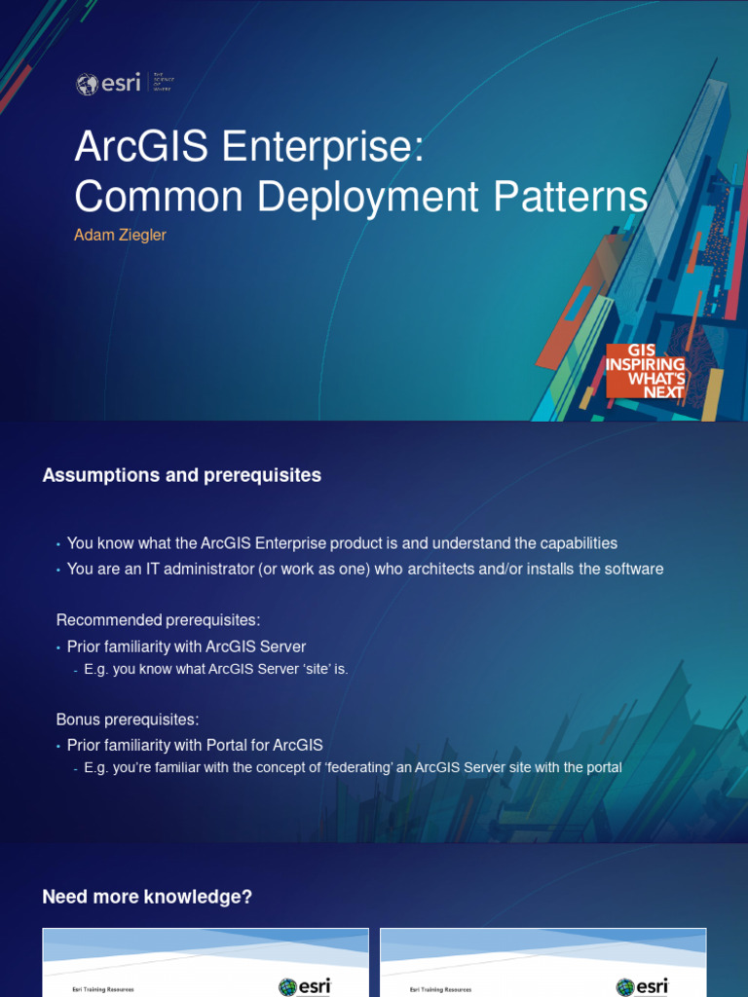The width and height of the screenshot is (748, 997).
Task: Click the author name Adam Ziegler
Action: [x=121, y=236]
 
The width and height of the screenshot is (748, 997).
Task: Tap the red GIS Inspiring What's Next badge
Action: [x=646, y=371]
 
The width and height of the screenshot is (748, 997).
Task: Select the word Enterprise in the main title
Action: [x=323, y=147]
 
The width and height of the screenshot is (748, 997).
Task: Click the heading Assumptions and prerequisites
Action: [x=182, y=475]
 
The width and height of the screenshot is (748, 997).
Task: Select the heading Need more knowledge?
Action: [x=147, y=897]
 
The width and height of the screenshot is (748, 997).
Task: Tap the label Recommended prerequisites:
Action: [x=159, y=620]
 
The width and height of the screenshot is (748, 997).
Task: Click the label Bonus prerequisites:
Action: [x=128, y=720]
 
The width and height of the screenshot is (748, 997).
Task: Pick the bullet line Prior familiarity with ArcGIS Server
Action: [x=186, y=646]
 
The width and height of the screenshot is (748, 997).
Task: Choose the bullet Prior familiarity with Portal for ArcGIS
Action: [x=195, y=745]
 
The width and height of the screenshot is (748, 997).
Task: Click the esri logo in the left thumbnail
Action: [x=305, y=986]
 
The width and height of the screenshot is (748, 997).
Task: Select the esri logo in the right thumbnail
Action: [x=643, y=986]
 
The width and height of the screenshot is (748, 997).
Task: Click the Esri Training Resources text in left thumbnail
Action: [x=103, y=989]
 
